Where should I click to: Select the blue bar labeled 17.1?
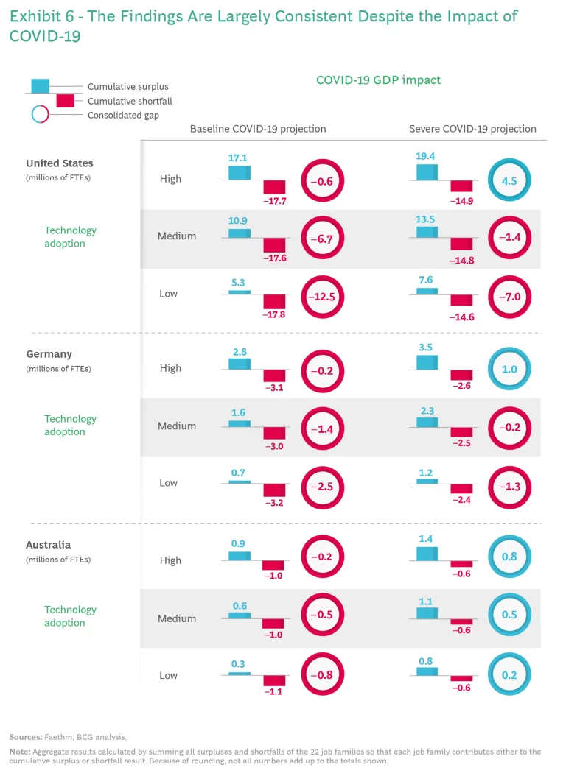click(240, 172)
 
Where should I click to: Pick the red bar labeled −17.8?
click(274, 302)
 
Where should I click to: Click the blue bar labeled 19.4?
click(427, 172)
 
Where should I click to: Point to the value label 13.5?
click(427, 219)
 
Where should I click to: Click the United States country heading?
click(60, 163)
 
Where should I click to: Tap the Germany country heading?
click(49, 353)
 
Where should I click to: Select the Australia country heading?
click(49, 545)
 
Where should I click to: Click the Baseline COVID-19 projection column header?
click(258, 129)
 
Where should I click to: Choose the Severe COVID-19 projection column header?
click(472, 129)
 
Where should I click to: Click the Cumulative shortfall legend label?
click(130, 101)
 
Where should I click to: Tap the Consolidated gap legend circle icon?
click(40, 115)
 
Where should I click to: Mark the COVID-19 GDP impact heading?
click(378, 80)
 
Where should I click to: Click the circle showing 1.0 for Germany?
click(509, 369)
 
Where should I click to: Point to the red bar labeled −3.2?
click(274, 490)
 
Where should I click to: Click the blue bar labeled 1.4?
click(427, 554)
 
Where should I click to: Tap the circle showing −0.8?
click(322, 675)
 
